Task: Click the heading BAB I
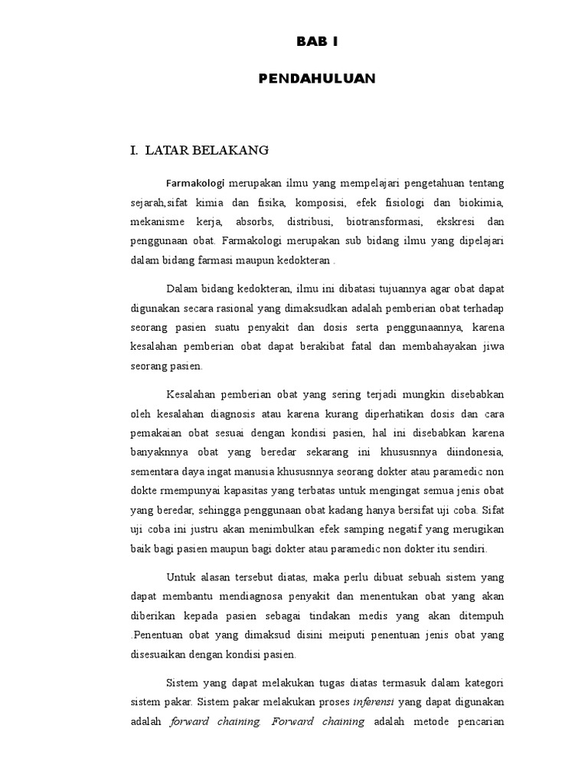[x=316, y=43]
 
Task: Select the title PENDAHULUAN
[x=316, y=78]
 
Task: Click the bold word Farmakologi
[x=192, y=184]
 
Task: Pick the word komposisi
[x=324, y=203]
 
